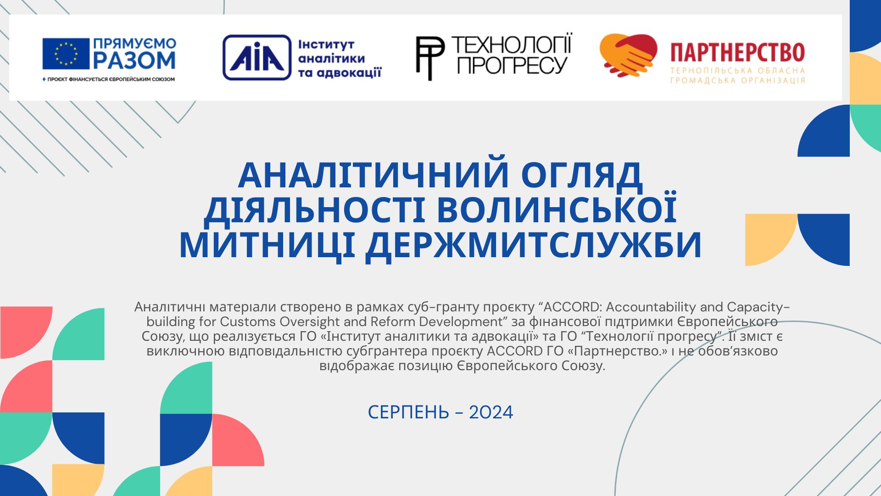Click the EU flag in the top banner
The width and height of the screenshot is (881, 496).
[66, 54]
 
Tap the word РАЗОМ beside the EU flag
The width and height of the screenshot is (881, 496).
[134, 60]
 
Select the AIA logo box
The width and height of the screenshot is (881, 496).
[257, 57]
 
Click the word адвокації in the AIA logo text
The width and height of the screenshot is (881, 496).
[340, 73]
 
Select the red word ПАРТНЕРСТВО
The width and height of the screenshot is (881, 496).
[737, 52]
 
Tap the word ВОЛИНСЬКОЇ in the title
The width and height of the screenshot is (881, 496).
[557, 209]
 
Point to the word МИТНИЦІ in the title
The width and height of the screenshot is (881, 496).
[266, 244]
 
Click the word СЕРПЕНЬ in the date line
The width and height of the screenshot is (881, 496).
[408, 412]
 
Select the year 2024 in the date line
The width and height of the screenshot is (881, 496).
[491, 412]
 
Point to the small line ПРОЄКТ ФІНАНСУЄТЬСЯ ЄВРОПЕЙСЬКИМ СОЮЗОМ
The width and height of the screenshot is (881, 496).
[108, 79]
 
